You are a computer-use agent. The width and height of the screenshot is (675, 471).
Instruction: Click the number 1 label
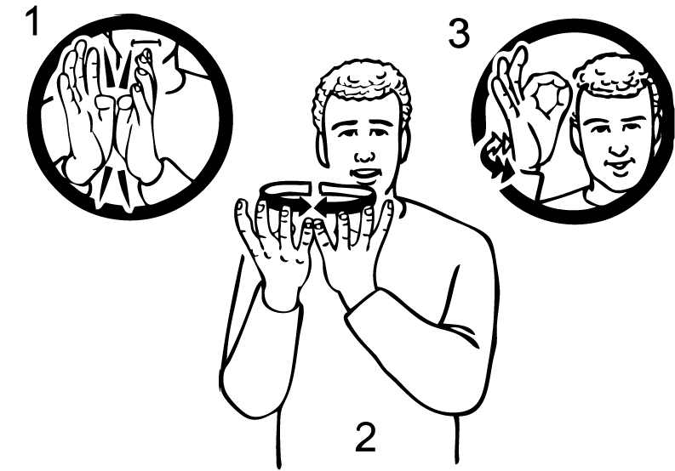(x=32, y=21)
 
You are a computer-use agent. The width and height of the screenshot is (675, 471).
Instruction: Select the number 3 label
(x=459, y=33)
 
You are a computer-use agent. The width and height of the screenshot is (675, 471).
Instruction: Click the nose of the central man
(x=365, y=156)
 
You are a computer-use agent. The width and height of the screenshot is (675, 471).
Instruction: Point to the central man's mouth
(x=364, y=173)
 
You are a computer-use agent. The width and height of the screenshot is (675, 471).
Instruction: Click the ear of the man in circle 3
(x=576, y=138)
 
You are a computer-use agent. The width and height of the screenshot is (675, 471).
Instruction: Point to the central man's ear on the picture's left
(x=322, y=148)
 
